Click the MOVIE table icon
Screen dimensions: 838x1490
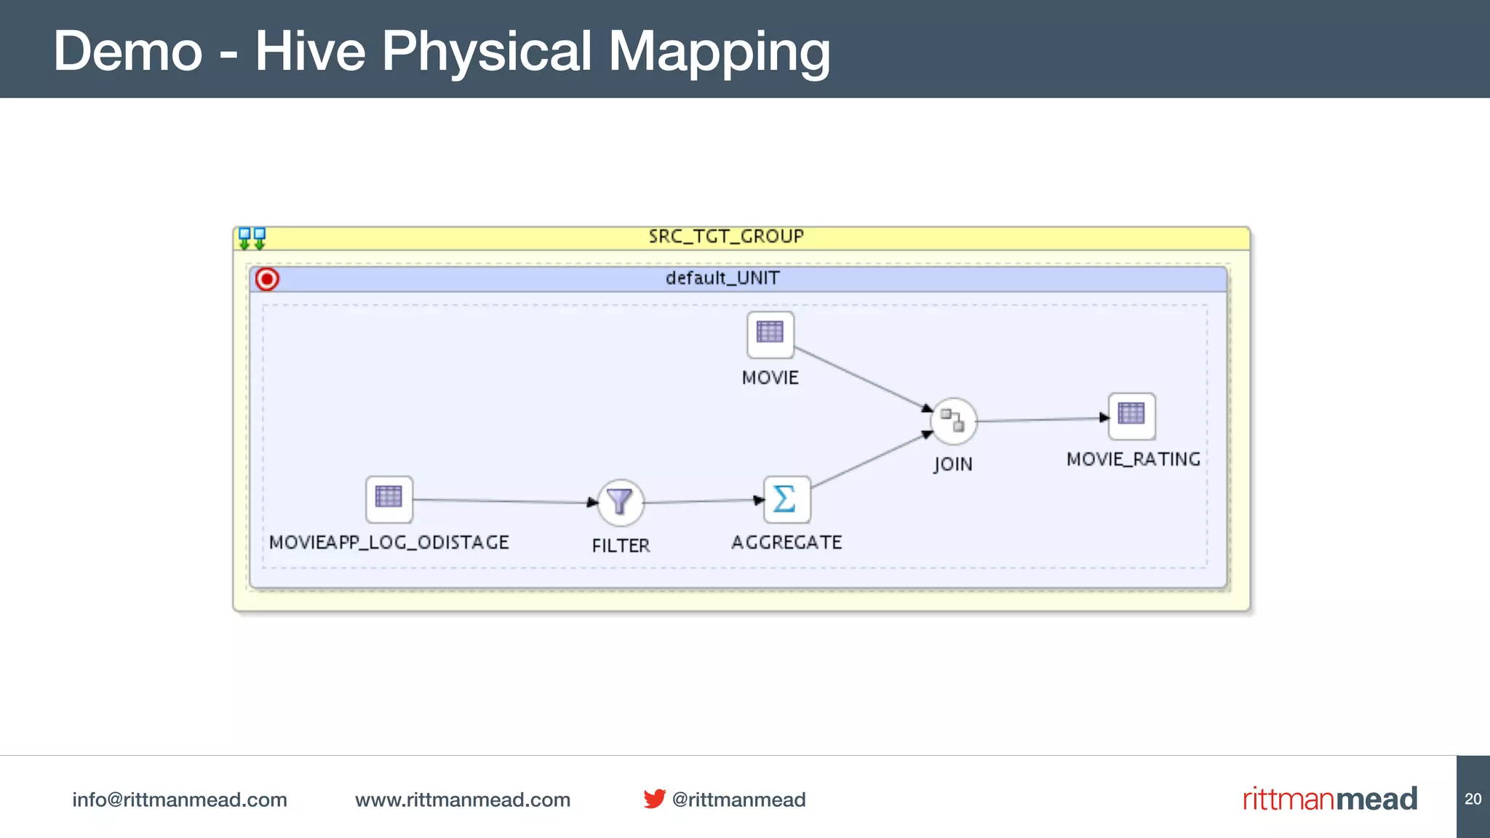770,334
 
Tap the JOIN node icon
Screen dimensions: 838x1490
953,420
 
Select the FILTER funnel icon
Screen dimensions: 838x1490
620,502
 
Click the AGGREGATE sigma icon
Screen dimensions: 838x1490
786,500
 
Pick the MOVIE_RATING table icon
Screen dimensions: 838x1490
1131,415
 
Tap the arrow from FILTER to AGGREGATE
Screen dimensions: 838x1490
703,500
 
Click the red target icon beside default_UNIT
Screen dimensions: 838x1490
267,279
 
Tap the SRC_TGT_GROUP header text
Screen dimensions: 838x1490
725,237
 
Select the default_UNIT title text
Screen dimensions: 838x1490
722,279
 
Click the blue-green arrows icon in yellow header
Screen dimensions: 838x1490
252,238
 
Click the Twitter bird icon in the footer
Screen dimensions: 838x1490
654,799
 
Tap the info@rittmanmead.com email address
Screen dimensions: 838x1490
179,799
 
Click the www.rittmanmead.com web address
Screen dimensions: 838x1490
462,799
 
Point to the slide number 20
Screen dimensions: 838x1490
1473,799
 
